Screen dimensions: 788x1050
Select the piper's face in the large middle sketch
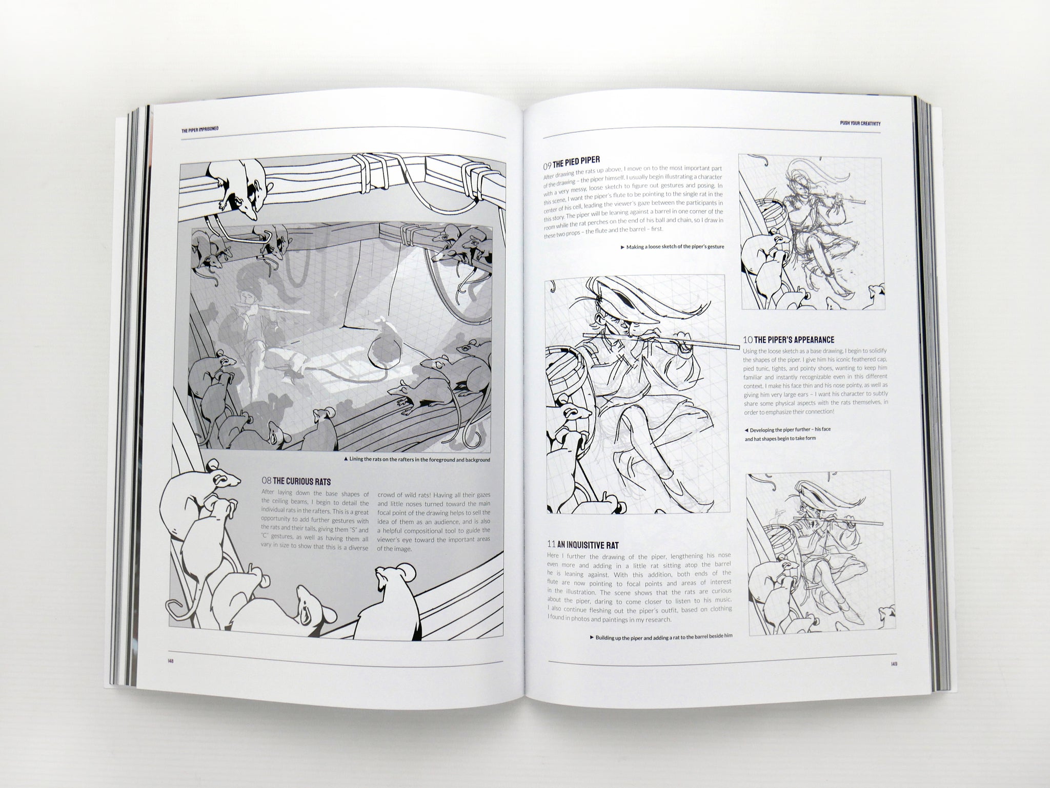613,318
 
